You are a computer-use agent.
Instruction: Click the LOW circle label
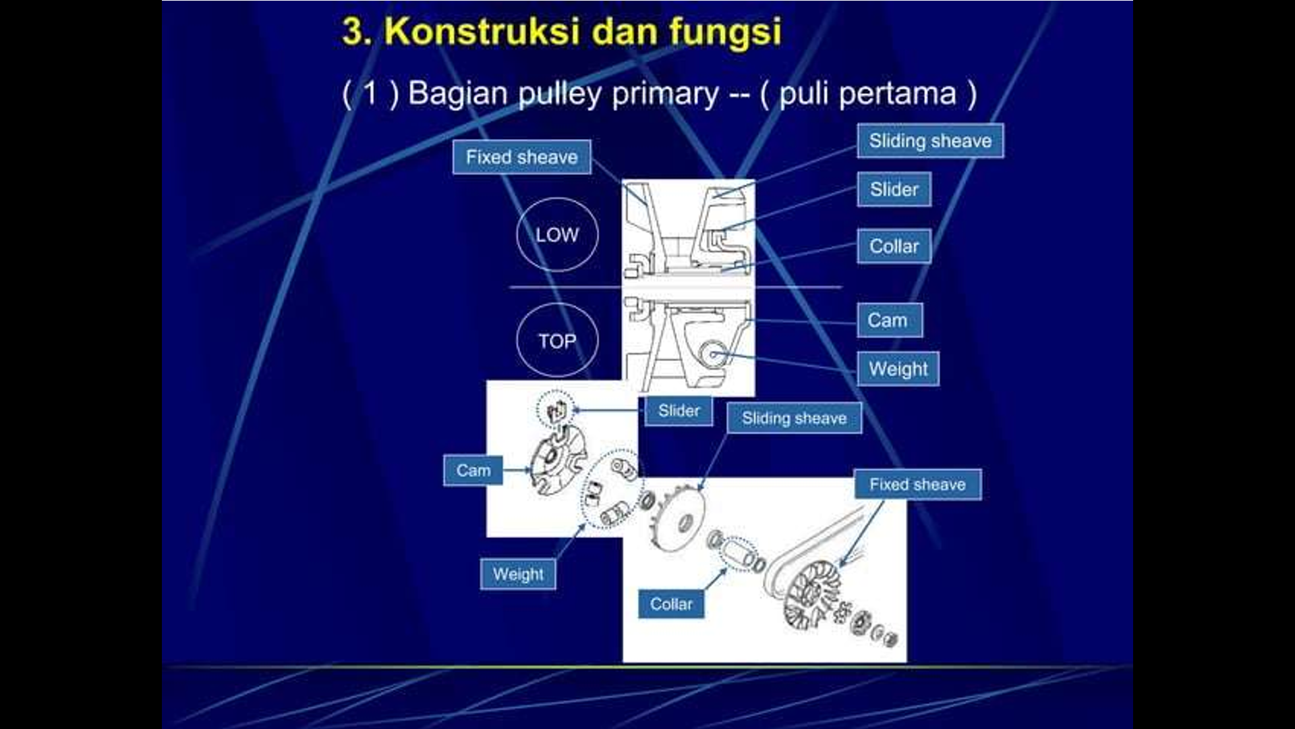557,235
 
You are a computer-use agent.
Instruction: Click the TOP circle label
557,341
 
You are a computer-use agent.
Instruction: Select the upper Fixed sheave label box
521,157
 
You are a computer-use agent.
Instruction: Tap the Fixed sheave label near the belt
917,485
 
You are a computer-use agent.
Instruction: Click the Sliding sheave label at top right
930,141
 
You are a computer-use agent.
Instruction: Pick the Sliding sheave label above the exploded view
794,418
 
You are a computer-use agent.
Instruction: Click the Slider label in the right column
894,190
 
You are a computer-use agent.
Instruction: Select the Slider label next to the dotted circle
679,411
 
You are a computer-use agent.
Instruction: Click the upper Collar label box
894,246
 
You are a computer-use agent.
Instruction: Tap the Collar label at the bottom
670,604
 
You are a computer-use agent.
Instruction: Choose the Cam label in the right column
888,320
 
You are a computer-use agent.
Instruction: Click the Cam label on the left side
473,470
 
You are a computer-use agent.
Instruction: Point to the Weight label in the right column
898,369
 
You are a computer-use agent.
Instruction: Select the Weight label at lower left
518,574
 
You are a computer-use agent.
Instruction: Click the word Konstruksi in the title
482,31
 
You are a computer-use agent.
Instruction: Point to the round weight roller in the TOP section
713,354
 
